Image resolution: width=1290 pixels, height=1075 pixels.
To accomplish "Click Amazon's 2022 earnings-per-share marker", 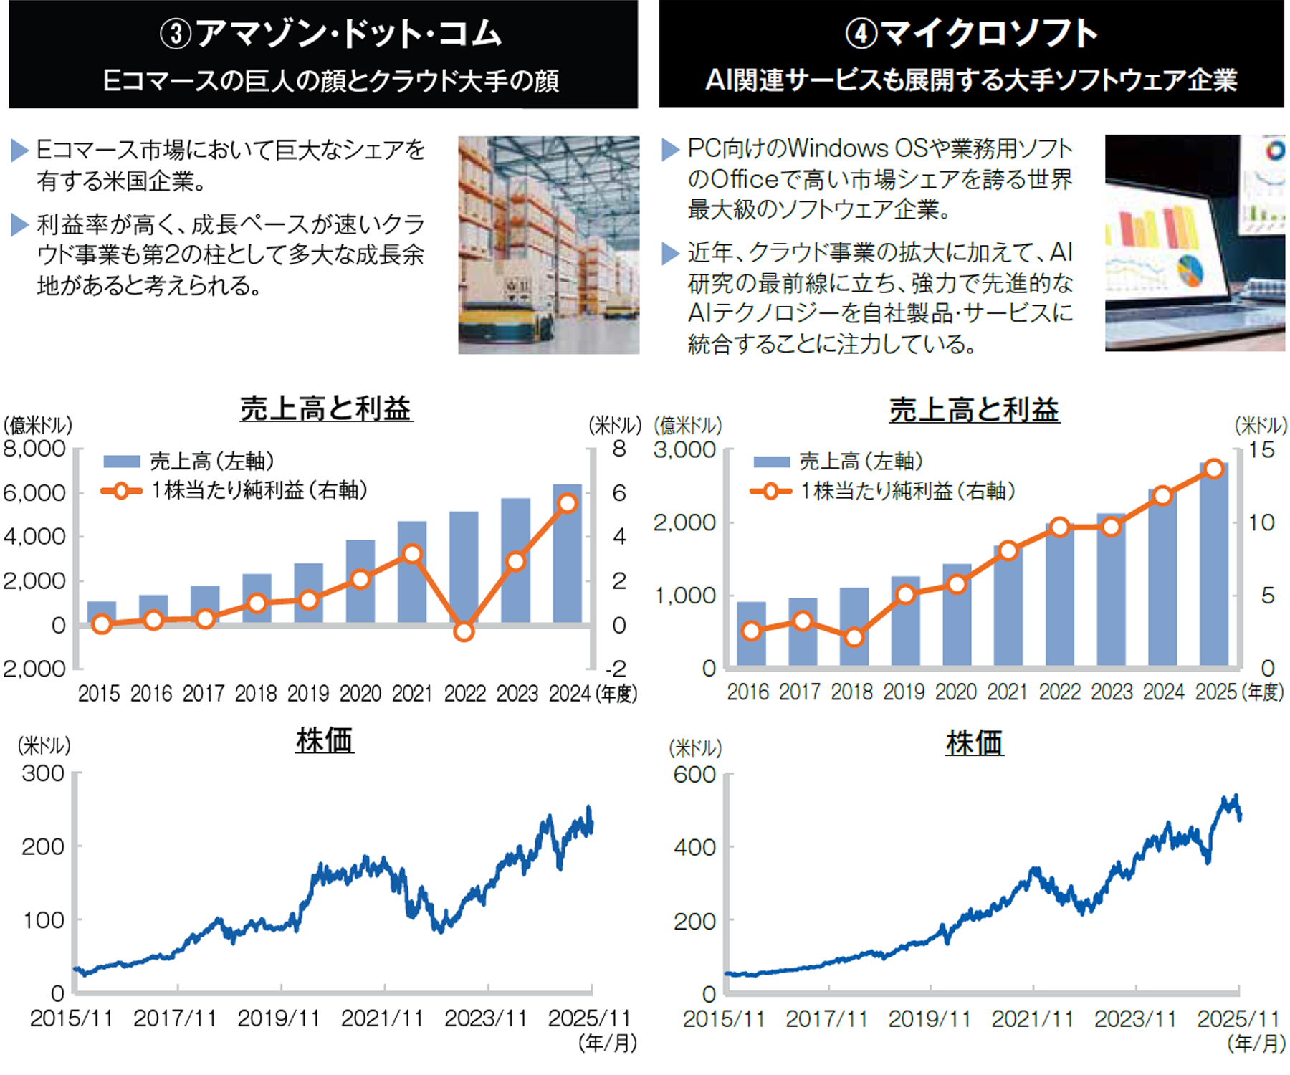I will tap(464, 631).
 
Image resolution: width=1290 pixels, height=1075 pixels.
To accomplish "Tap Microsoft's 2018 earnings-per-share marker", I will tap(854, 637).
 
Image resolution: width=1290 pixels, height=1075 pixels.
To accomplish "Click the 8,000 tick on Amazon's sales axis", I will tap(34, 449).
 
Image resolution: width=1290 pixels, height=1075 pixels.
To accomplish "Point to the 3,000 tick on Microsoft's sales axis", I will tap(684, 451).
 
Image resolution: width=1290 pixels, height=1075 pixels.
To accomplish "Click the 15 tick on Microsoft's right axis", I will tap(1261, 450).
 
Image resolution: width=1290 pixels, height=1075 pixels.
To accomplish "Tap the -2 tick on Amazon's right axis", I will tap(616, 669).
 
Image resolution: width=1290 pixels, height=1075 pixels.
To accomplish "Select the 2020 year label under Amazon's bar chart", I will tap(360, 694).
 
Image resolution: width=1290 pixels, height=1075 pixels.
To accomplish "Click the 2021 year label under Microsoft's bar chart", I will tap(1008, 692).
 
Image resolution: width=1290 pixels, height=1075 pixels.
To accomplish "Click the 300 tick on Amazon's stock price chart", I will tap(43, 774).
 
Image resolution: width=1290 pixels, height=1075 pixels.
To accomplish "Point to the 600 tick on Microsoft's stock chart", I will tap(694, 775).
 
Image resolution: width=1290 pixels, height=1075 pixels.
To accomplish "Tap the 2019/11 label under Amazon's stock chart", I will tap(279, 1018).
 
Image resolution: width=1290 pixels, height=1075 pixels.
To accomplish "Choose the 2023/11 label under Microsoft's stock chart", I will tap(1135, 1019).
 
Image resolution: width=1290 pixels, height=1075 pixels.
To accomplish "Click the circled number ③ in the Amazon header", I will tap(176, 34).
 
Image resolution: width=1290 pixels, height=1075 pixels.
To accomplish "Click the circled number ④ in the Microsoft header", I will tap(861, 34).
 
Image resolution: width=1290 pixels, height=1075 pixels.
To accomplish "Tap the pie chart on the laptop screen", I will tap(1190, 270).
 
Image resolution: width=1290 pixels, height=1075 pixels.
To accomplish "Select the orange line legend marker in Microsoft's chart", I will tap(771, 492).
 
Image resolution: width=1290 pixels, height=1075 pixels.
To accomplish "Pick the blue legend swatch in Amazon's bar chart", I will tap(121, 462).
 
